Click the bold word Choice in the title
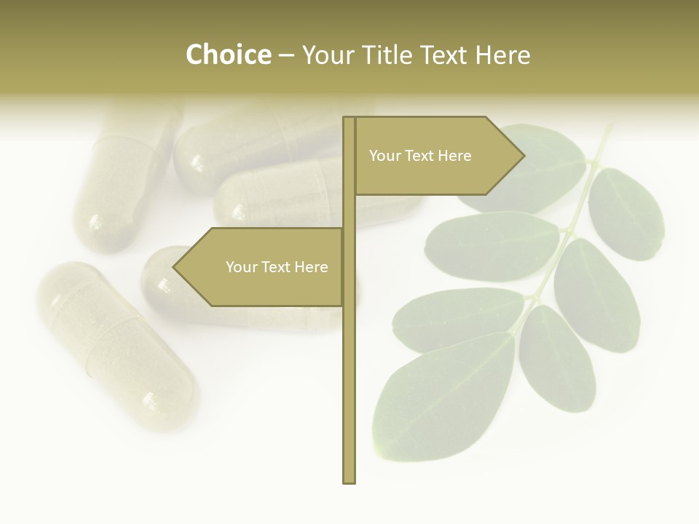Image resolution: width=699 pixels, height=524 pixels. click(x=228, y=55)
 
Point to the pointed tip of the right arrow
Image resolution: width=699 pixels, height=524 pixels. click(x=524, y=156)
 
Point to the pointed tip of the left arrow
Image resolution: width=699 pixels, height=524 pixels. click(x=174, y=267)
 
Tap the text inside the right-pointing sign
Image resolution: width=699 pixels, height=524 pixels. click(x=420, y=156)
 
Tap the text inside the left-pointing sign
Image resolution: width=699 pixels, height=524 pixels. click(x=277, y=267)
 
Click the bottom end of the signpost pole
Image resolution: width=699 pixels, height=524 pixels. click(x=349, y=480)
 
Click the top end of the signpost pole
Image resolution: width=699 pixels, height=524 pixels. click(x=349, y=119)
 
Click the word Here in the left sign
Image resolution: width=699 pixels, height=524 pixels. click(x=311, y=267)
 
